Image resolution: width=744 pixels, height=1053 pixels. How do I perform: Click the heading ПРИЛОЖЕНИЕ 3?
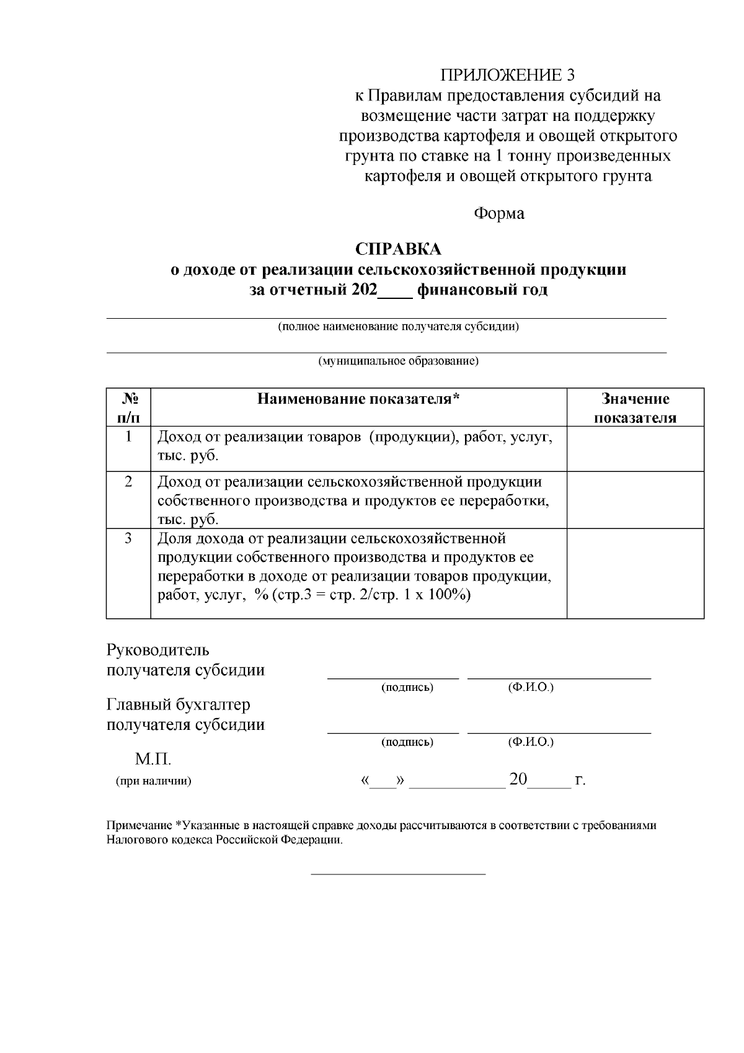pyautogui.click(x=507, y=76)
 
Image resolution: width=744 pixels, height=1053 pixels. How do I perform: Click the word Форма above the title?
pyautogui.click(x=499, y=214)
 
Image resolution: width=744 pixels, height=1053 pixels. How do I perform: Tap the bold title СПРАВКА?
pyautogui.click(x=398, y=249)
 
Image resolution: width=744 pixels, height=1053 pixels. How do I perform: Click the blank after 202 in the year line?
pyautogui.click(x=395, y=291)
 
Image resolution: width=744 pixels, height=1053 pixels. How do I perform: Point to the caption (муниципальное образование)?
pyautogui.click(x=398, y=361)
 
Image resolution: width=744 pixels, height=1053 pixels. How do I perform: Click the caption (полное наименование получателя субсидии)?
pyautogui.click(x=398, y=326)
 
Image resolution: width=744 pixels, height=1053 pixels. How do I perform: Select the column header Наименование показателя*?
pyautogui.click(x=358, y=399)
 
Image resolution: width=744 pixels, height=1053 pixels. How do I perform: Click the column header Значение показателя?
pyautogui.click(x=635, y=408)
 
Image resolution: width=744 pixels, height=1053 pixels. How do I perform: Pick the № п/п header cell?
pyautogui.click(x=128, y=408)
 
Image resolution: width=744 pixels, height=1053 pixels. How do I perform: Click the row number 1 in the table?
pyautogui.click(x=128, y=437)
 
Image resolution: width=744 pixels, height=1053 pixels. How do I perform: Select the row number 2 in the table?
pyautogui.click(x=128, y=482)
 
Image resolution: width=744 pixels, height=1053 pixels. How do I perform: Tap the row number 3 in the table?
pyautogui.click(x=128, y=538)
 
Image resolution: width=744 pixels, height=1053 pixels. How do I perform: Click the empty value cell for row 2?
pyautogui.click(x=635, y=500)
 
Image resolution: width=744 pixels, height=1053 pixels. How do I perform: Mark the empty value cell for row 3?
pyautogui.click(x=635, y=573)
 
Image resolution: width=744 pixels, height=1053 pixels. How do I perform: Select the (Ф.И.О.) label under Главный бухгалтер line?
pyautogui.click(x=530, y=742)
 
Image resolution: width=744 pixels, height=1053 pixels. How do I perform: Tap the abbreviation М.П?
pyautogui.click(x=153, y=760)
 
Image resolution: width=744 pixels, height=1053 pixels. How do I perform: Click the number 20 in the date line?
pyautogui.click(x=517, y=780)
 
